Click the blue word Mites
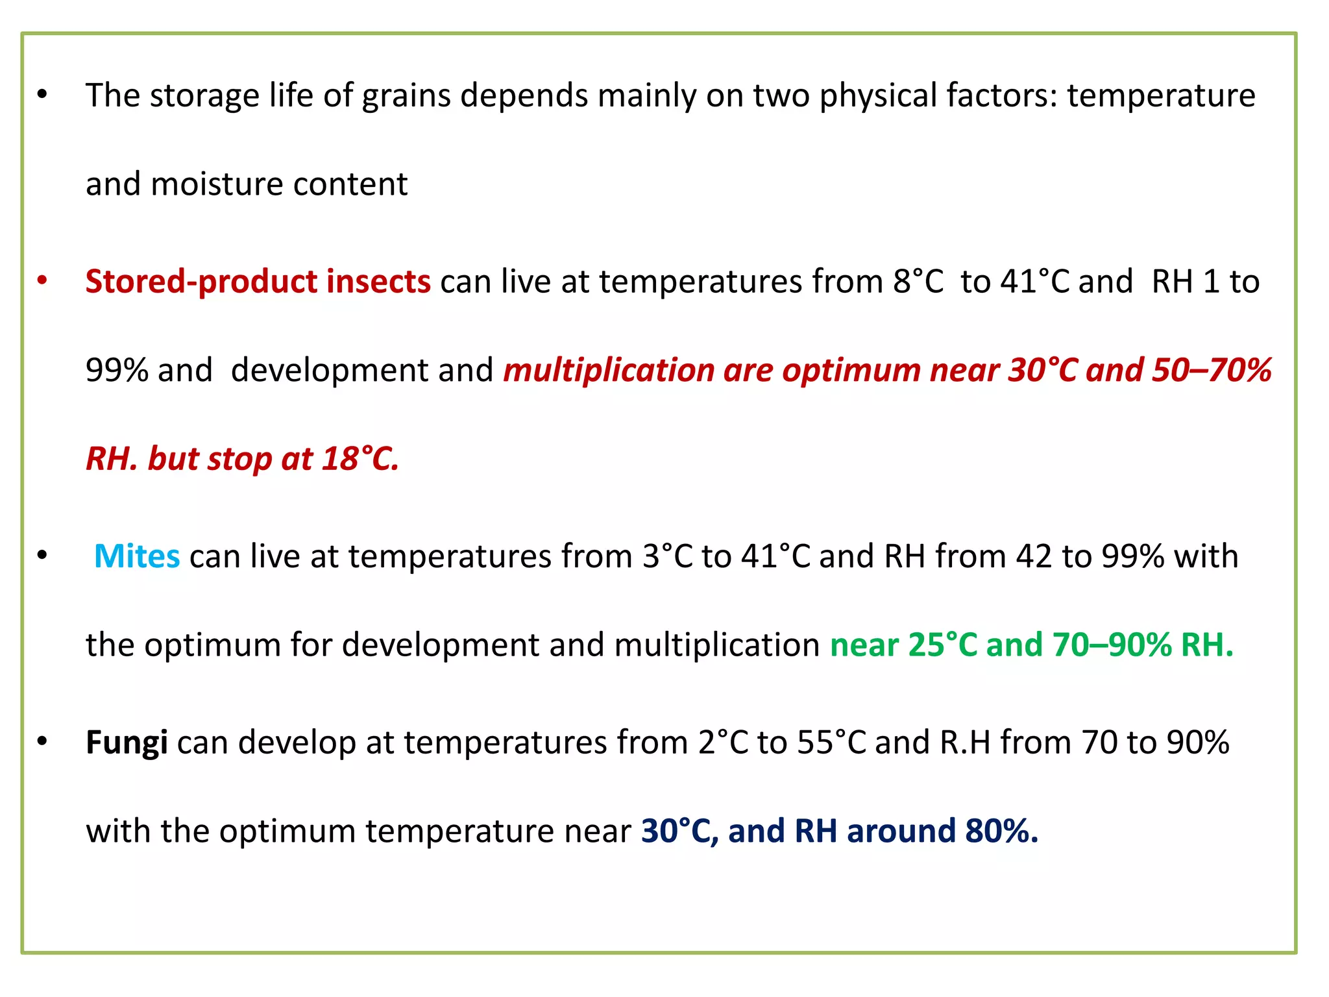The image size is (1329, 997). coord(137,556)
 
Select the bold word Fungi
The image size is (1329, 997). coord(127,743)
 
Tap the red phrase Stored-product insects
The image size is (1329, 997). coord(258,282)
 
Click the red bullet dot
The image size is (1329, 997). coord(43,280)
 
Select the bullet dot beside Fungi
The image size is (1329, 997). coord(43,741)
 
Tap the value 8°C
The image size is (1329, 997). coord(918,282)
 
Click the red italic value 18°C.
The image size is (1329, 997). coord(360,459)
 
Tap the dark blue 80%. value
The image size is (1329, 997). coord(1001,831)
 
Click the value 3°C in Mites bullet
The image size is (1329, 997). coord(668,556)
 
